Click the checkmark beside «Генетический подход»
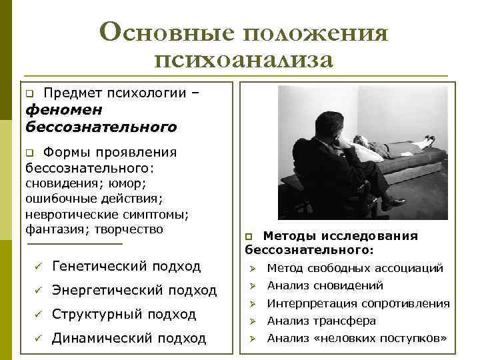coord(39,267)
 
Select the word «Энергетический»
coord(107,290)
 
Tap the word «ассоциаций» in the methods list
coord(409,268)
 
